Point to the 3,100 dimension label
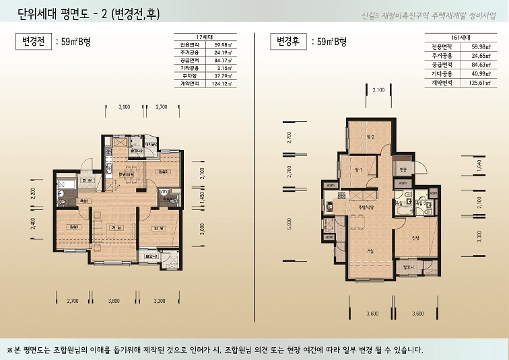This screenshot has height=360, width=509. coord(124,107)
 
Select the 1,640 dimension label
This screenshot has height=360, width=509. coord(479,165)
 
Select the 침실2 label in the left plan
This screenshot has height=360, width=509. coord(162,172)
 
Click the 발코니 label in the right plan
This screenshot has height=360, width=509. coord(409,267)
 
